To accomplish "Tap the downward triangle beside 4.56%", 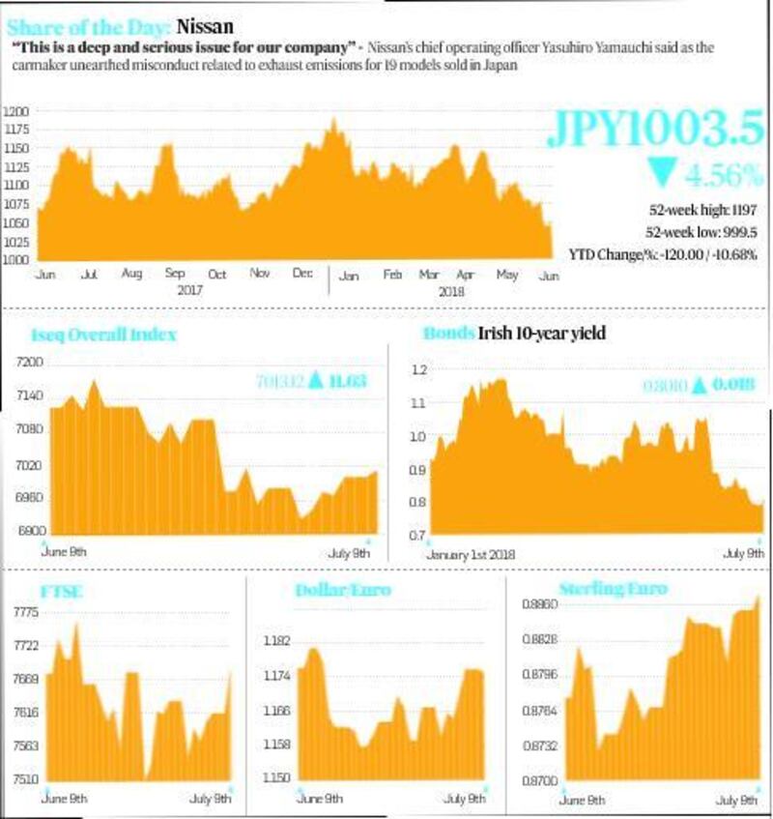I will point(664,174).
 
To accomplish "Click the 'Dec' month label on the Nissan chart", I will point(302,275).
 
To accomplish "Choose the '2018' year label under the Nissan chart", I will point(453,290).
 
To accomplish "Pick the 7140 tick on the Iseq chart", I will point(30,396).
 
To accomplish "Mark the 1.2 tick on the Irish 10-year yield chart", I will point(418,370).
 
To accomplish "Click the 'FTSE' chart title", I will point(63,592).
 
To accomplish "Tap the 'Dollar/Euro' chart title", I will point(343,590).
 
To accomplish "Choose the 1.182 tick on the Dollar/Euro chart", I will point(277,641).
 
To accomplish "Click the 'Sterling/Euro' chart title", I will point(613,588).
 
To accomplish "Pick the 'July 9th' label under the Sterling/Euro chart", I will point(735,801).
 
